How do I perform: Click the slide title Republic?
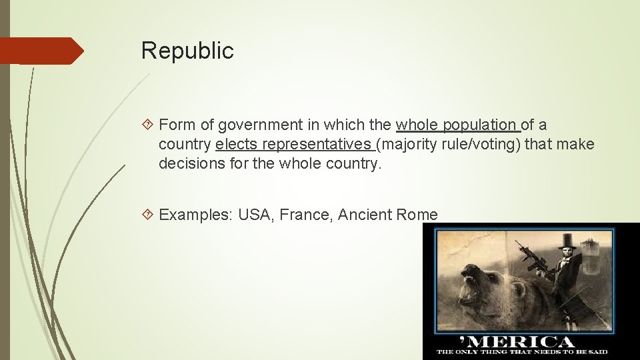(x=187, y=51)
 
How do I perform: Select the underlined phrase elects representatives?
(x=293, y=144)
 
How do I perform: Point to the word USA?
(x=254, y=215)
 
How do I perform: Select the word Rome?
(x=417, y=215)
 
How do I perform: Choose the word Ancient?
(x=364, y=215)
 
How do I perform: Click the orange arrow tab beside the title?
(x=41, y=51)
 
